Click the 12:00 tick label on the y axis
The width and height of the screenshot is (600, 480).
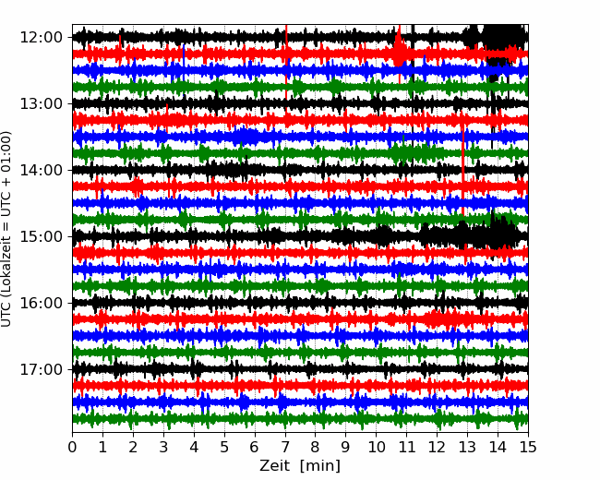pos(41,38)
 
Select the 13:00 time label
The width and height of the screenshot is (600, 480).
pos(41,103)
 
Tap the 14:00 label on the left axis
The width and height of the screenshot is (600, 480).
pos(41,170)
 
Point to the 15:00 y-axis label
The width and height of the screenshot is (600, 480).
pos(41,236)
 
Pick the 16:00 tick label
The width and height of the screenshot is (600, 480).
pos(41,303)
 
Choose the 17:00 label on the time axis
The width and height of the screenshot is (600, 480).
pos(41,369)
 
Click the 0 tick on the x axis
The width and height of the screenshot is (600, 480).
pos(72,447)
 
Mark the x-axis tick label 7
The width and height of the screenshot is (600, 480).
pos(285,447)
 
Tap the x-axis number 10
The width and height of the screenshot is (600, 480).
pos(376,447)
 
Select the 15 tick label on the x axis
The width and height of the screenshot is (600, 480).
pos(528,447)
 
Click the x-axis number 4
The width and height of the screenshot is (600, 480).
pos(194,447)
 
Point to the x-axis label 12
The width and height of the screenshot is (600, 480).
pos(437,447)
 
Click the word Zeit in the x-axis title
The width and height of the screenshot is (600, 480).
pos(275,466)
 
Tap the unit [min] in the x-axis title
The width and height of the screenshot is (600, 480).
pos(320,466)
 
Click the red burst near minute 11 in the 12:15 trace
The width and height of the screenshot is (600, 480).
pos(399,52)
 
